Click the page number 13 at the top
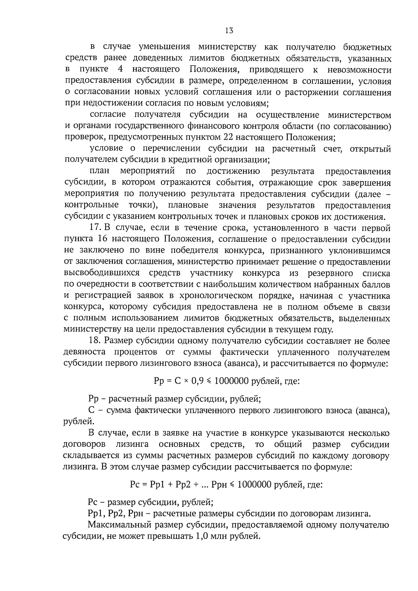click(229, 30)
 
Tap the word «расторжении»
click(319, 92)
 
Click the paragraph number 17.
click(95, 228)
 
